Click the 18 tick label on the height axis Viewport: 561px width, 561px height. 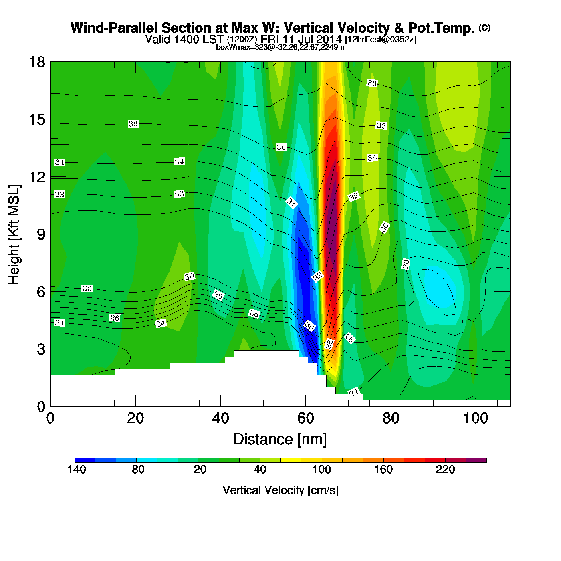(36, 62)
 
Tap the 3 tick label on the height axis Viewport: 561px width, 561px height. (41, 349)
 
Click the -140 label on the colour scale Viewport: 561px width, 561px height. (75, 470)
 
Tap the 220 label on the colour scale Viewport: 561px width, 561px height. (445, 470)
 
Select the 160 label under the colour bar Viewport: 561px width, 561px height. (383, 470)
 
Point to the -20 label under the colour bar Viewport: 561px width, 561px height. (198, 470)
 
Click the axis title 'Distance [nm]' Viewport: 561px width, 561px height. (280, 440)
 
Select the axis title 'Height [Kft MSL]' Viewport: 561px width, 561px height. (14, 234)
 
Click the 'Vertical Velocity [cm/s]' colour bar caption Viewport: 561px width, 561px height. (280, 490)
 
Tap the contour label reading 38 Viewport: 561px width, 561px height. (372, 83)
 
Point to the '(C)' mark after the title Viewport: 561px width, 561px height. (484, 28)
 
